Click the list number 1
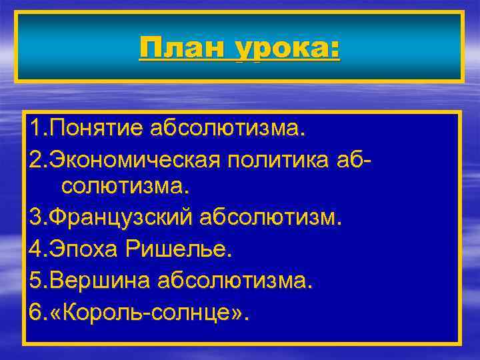click(34, 127)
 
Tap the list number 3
click(34, 217)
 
